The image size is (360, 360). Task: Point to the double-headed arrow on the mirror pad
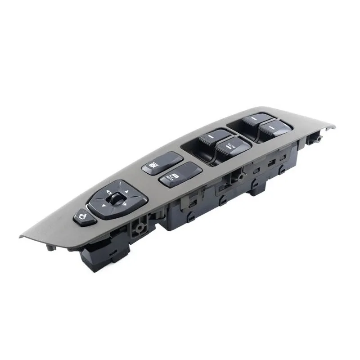pos(123,206)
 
